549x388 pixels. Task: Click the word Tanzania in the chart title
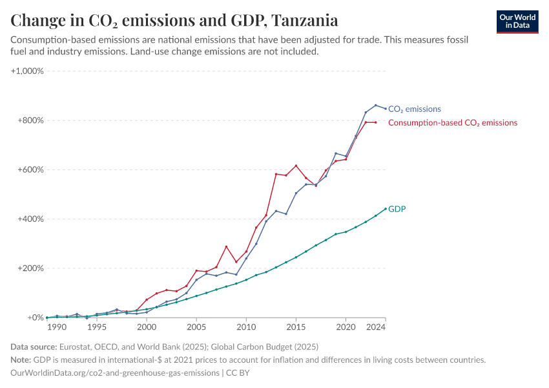click(x=304, y=20)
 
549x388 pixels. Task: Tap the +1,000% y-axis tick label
click(x=27, y=71)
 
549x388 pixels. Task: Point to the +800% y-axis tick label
click(x=30, y=120)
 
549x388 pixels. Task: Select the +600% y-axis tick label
click(x=30, y=169)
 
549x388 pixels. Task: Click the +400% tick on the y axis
click(x=30, y=219)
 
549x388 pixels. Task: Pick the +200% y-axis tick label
click(x=30, y=268)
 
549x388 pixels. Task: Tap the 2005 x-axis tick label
click(x=196, y=328)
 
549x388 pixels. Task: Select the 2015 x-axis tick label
click(x=296, y=328)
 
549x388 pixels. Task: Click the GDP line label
click(x=397, y=209)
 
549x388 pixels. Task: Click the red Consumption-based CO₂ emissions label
click(x=452, y=122)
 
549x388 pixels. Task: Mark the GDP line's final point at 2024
click(x=386, y=209)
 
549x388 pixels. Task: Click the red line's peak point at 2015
click(x=296, y=166)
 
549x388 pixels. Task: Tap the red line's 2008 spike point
click(x=226, y=246)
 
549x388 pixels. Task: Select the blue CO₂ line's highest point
click(x=376, y=105)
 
